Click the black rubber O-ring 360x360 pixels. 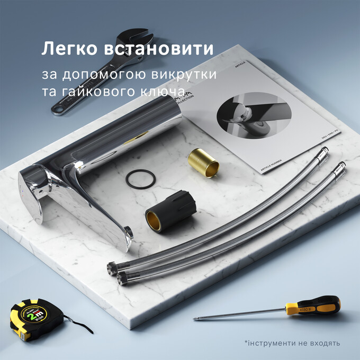coord(141,178)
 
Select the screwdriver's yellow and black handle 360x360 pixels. coord(312,307)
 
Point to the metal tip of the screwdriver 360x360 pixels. coord(197,318)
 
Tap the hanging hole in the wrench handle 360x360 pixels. coord(57,110)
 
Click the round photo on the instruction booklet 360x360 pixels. coord(248,116)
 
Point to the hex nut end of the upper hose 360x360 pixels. coord(112,268)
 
